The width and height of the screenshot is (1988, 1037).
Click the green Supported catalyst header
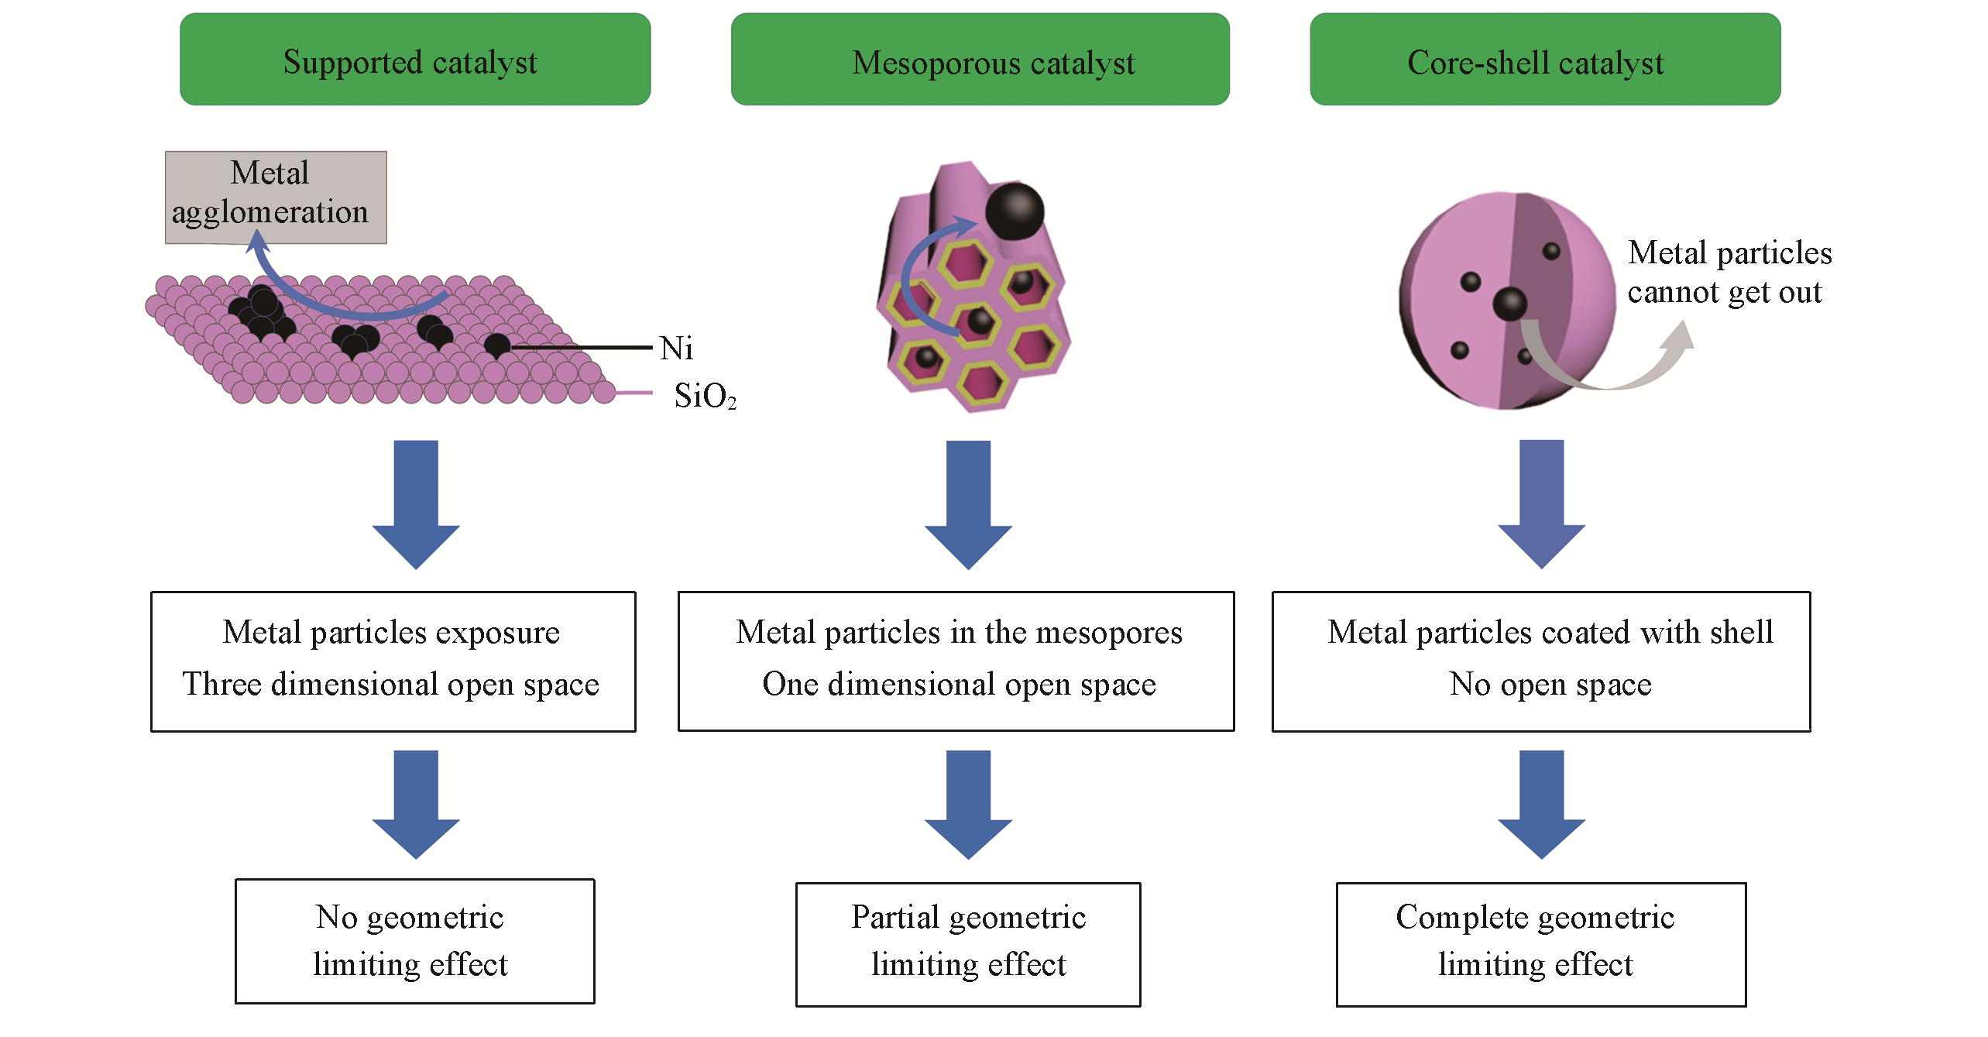pos(415,60)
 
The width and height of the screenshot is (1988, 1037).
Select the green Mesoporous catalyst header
pos(980,60)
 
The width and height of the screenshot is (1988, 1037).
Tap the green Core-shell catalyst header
pos(1544,60)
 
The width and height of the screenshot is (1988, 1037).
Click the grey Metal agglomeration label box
pos(276,197)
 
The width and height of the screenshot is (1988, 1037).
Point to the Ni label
pos(676,349)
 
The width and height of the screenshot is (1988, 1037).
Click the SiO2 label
pos(704,396)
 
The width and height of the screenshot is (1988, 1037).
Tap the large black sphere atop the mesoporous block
pos(1015,211)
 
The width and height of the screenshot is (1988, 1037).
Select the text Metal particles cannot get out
pos(1729,272)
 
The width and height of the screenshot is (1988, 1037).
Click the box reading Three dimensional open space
pos(393,661)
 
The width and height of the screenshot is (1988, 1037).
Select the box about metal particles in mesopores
pos(956,661)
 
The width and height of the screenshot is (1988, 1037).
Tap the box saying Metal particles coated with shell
pos(1540,661)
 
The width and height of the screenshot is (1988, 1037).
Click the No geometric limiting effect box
pos(414,941)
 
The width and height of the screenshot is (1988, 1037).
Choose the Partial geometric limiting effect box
pos(967,944)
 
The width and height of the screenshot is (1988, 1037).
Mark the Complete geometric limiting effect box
pos(1540,944)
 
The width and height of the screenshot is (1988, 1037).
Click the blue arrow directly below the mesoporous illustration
pos(968,503)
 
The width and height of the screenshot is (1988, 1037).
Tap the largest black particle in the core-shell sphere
pos(1509,303)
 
